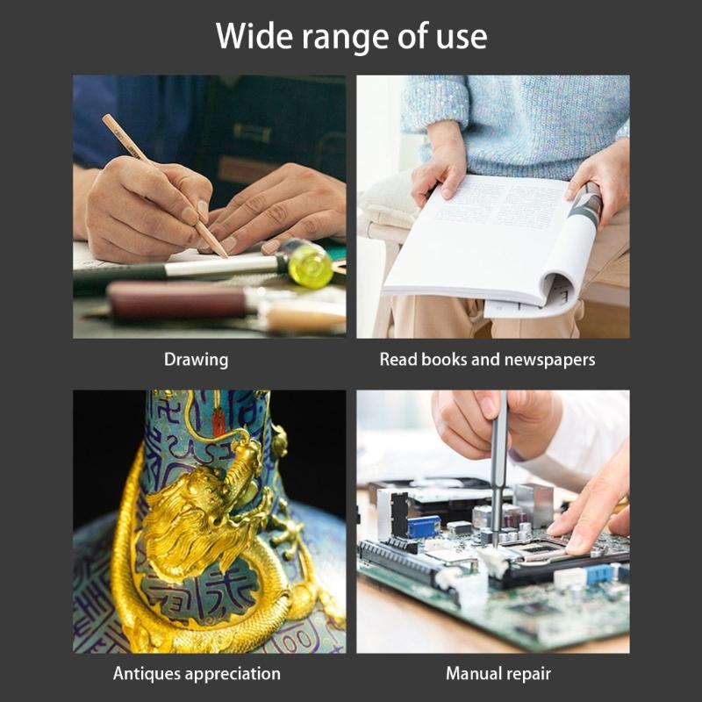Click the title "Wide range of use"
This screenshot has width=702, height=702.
pyautogui.click(x=351, y=37)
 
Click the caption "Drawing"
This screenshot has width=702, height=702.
pyautogui.click(x=196, y=360)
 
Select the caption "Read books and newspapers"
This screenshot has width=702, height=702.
pyautogui.click(x=487, y=360)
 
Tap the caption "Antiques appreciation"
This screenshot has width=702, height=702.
pyautogui.click(x=197, y=674)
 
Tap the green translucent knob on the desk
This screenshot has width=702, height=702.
pyautogui.click(x=310, y=265)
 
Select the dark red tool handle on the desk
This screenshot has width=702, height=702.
pyautogui.click(x=175, y=302)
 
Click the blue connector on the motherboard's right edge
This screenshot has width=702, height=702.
pyautogui.click(x=598, y=573)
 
